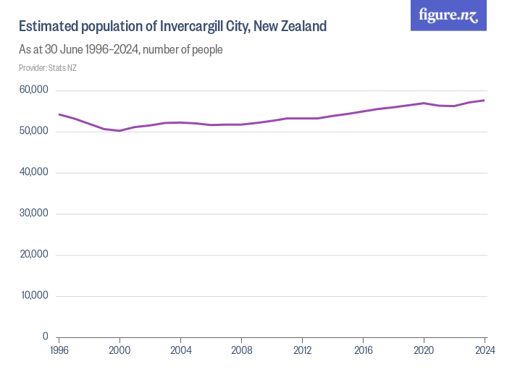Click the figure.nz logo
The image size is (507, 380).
coord(448,15)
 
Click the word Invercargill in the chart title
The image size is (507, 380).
coord(204,27)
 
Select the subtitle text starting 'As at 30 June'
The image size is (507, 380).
coord(120,50)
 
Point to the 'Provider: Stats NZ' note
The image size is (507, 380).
coord(47,68)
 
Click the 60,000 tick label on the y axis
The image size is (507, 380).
coord(33,90)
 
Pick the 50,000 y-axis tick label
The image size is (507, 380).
coord(33,132)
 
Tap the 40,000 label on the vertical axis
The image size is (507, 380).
coord(33,172)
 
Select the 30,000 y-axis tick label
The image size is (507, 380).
coord(33,214)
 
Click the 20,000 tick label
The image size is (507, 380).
coord(33,255)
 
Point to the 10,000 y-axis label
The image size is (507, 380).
coord(33,295)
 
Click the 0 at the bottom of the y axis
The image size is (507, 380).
coord(44,337)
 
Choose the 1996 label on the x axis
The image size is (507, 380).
coord(59,351)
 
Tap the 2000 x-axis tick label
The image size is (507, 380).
coord(120,351)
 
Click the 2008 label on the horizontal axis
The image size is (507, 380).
coord(241,351)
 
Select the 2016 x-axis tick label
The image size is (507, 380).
coord(363,351)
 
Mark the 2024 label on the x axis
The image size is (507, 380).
coord(484,351)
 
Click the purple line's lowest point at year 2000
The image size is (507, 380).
coord(120,130)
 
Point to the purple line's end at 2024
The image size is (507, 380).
coord(484,101)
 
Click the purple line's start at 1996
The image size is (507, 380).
coord(59,114)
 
